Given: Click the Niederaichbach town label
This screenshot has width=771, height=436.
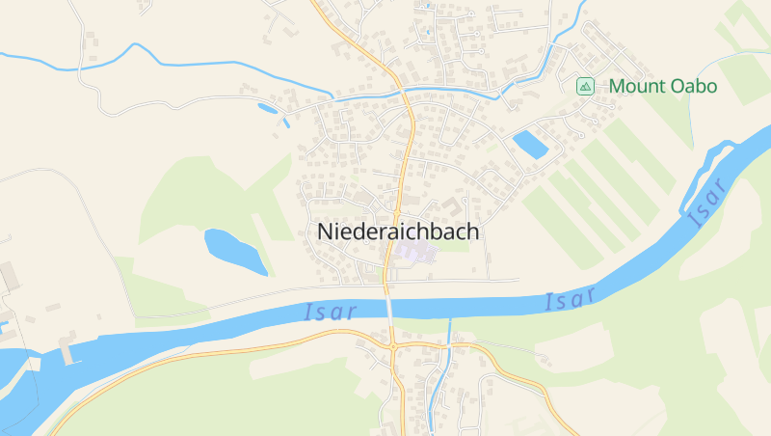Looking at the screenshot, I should coord(398,232).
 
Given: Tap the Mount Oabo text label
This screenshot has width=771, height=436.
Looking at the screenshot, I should coord(663,87).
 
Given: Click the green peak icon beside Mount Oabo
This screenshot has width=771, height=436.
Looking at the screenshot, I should coord(585,87).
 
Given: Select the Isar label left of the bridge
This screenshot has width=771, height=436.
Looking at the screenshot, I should coord(330,312).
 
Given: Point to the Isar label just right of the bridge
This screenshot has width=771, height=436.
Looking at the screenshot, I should coord(571,301).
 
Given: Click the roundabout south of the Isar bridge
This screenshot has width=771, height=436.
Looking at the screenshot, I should coord(393,344).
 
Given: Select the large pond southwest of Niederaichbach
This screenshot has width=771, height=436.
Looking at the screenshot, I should coord(234,251).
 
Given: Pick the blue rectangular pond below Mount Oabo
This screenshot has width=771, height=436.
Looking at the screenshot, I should coord(530,145).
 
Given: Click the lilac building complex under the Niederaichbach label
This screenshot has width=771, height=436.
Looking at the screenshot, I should coord(412,253).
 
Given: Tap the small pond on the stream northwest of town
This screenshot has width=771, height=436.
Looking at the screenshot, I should coord(267,108).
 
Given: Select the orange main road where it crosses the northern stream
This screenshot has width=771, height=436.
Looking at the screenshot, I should coord(404,90).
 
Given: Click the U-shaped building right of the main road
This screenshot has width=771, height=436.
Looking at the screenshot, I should coord(452,205).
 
